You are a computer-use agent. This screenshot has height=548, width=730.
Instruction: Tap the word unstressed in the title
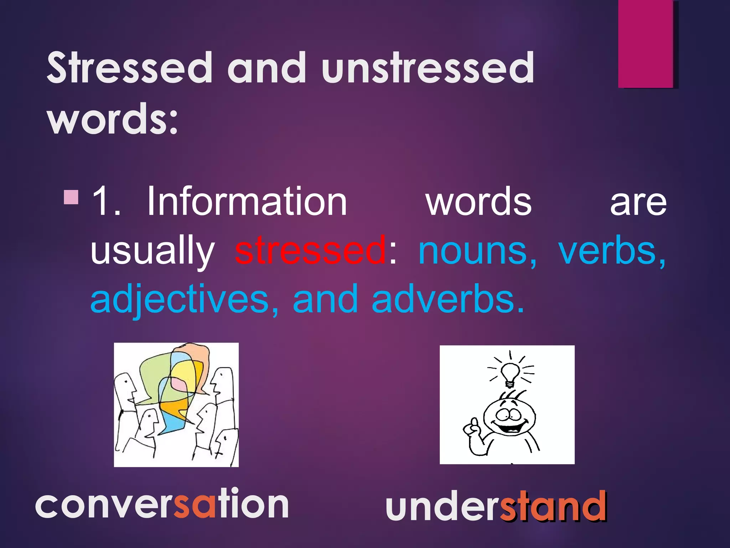(x=427, y=68)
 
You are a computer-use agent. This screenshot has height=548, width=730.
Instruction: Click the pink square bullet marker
(x=71, y=197)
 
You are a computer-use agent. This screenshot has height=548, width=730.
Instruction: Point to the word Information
(x=247, y=202)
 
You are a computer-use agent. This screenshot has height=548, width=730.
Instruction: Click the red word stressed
(x=310, y=250)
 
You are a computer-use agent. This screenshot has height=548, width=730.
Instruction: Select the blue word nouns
(x=477, y=251)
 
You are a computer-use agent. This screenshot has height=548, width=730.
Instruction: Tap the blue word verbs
(x=611, y=250)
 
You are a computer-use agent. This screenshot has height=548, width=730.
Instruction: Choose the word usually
(x=153, y=251)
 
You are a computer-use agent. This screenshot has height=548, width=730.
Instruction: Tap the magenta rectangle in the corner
(x=646, y=44)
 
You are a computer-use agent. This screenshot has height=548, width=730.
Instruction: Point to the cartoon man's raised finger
(x=474, y=425)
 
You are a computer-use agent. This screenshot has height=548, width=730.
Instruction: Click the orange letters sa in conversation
(x=195, y=504)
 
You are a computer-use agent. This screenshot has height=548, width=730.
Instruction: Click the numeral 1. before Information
(x=106, y=202)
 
